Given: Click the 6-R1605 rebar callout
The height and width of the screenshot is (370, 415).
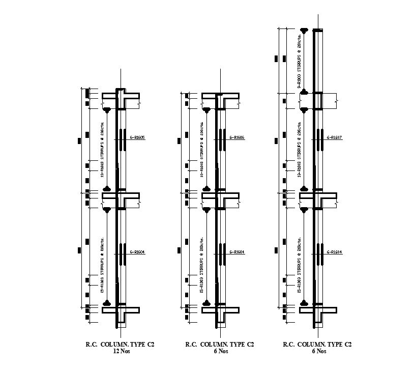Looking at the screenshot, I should [138, 138].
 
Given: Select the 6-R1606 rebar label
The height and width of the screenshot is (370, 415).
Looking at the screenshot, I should [237, 138].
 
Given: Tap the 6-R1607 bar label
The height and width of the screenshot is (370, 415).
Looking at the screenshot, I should [334, 138].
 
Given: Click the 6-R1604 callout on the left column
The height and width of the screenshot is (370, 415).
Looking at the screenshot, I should [138, 252].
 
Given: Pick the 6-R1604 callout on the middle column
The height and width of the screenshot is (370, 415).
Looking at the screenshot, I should [237, 252].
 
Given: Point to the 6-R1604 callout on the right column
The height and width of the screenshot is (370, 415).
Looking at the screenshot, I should [334, 252].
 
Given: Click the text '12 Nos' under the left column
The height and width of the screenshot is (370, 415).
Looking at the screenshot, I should [120, 351].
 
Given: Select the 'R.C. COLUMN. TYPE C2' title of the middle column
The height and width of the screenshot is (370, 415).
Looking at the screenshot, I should [220, 345].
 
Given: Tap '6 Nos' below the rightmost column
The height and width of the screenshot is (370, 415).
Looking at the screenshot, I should [317, 351].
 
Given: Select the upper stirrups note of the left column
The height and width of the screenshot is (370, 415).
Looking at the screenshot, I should [102, 150].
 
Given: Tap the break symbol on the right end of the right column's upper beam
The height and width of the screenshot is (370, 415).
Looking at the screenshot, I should [336, 102].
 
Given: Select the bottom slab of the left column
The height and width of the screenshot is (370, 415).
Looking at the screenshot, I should [121, 309].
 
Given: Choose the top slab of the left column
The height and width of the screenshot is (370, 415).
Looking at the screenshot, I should [121, 96].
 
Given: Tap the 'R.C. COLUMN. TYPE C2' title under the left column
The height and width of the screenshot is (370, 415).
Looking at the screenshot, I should [120, 345].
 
